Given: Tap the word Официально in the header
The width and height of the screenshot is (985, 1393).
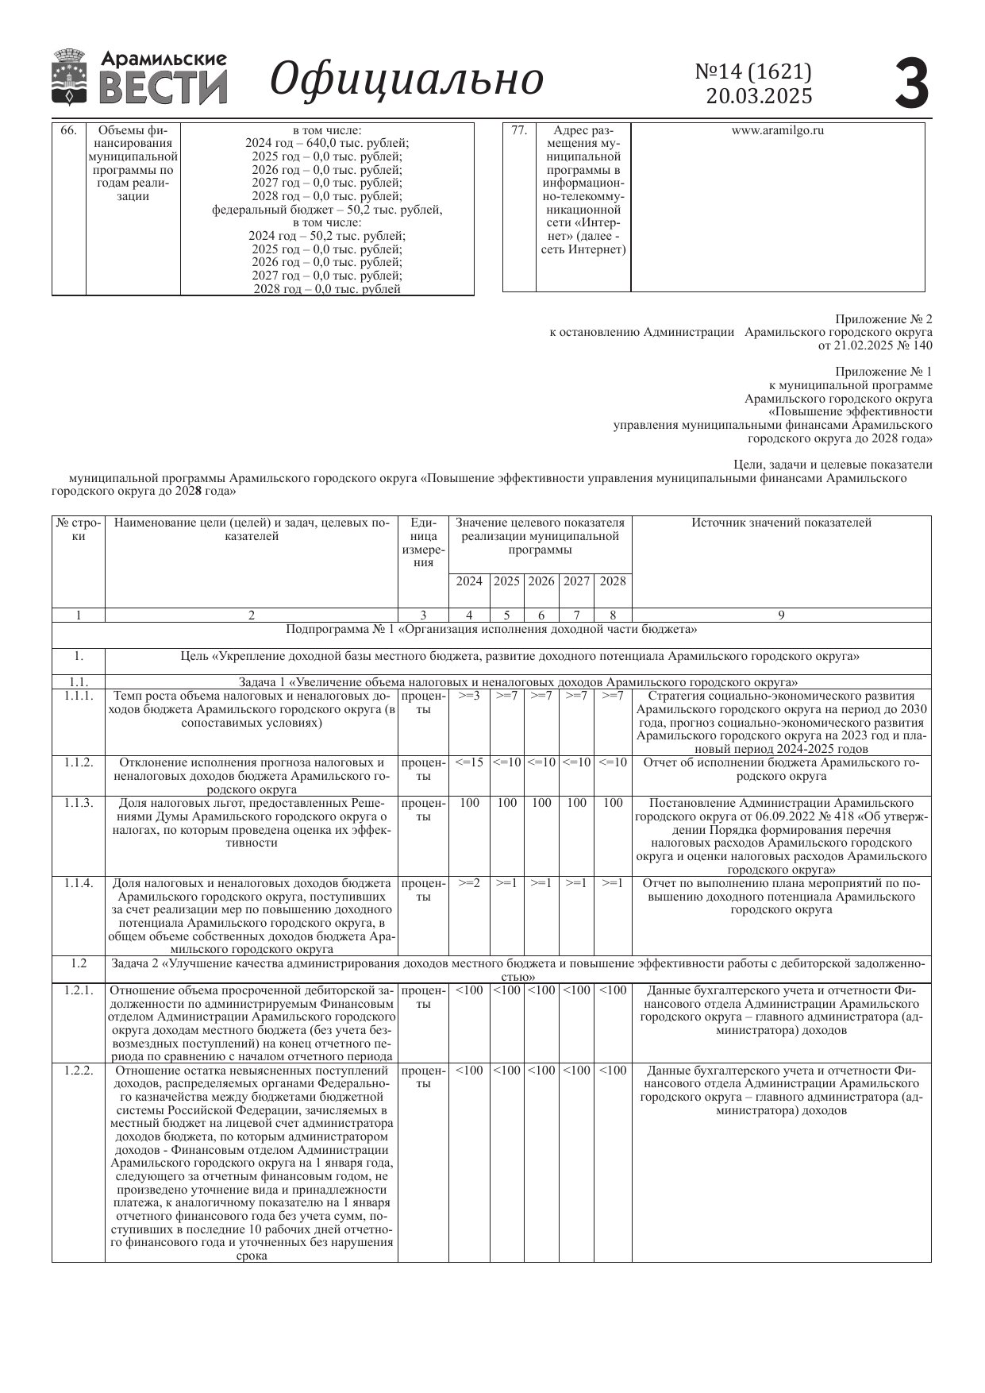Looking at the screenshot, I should [406, 79].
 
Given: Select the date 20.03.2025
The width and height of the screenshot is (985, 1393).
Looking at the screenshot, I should [759, 96].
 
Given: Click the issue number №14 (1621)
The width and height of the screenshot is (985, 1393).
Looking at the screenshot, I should [753, 72].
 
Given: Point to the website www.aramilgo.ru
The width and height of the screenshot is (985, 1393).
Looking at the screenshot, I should [777, 130].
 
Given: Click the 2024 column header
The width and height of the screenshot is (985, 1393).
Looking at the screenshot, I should [469, 581].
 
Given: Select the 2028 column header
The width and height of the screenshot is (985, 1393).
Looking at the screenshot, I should [613, 581].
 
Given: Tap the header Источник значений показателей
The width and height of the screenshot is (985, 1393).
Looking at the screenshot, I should [781, 523].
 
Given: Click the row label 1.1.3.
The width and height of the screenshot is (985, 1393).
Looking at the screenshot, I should [79, 803].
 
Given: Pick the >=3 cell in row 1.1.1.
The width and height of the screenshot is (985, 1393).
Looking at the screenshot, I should [469, 696].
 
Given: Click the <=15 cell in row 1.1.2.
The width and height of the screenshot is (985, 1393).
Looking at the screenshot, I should [469, 762].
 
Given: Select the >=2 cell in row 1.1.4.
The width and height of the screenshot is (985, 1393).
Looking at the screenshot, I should [469, 883].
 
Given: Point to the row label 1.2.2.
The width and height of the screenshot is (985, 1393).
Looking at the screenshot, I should [79, 1071].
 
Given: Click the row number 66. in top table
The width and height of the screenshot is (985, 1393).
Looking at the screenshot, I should [68, 130].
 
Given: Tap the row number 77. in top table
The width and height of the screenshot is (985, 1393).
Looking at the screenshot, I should [519, 130].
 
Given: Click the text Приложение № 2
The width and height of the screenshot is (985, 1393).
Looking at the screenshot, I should [883, 319].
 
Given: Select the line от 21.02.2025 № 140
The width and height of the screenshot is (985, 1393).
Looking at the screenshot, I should [875, 345].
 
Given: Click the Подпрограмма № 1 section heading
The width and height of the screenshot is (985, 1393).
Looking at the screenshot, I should [491, 630].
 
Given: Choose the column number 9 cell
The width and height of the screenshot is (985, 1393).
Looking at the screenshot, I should [781, 615].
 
